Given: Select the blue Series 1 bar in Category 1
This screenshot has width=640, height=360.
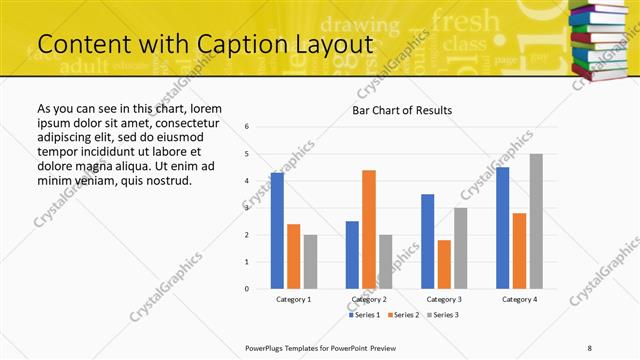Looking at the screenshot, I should (277, 231).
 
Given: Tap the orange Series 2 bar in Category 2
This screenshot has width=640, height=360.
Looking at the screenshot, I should (369, 229).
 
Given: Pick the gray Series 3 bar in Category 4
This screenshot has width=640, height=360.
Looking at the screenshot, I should (536, 221).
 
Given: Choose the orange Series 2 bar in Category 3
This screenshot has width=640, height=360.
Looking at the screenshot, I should (444, 264).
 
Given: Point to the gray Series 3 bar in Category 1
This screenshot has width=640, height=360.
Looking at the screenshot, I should (310, 262).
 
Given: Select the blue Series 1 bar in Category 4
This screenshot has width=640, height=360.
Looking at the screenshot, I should (503, 228).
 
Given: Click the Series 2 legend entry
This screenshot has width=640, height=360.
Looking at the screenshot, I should (403, 315).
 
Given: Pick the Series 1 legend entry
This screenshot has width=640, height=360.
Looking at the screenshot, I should (364, 315).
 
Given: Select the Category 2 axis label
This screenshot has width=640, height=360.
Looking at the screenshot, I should (369, 299).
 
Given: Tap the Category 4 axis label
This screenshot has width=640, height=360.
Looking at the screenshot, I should (519, 299).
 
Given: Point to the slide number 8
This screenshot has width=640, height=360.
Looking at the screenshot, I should (590, 346).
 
